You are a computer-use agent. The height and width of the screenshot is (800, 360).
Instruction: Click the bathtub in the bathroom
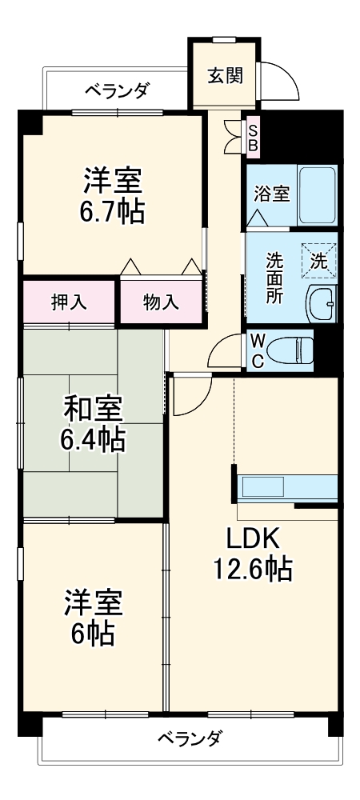317,196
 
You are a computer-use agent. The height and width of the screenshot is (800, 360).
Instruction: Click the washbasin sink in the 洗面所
322,303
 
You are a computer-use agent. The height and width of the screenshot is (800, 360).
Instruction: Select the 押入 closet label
70,302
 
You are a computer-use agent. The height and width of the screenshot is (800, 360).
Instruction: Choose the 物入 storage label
161,302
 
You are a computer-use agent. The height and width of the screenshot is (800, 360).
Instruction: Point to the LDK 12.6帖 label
251,553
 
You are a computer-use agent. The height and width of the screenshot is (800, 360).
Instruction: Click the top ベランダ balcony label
117,90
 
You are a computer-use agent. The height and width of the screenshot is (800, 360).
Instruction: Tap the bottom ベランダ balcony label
190,737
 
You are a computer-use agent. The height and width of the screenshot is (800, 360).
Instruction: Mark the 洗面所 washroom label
274,277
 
